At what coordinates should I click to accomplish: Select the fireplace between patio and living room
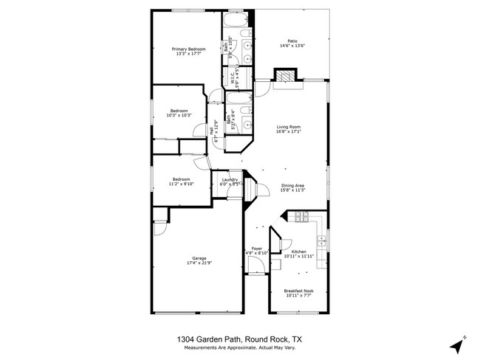pos(284,77)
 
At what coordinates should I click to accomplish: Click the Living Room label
pos(289,126)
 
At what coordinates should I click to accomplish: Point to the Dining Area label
pos(292,185)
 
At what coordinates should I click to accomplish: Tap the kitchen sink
pos(323,240)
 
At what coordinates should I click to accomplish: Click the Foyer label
pos(257,249)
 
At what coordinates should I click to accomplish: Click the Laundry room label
pos(229,179)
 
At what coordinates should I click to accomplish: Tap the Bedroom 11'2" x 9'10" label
pos(182,179)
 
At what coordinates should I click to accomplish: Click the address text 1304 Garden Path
pos(211,339)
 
